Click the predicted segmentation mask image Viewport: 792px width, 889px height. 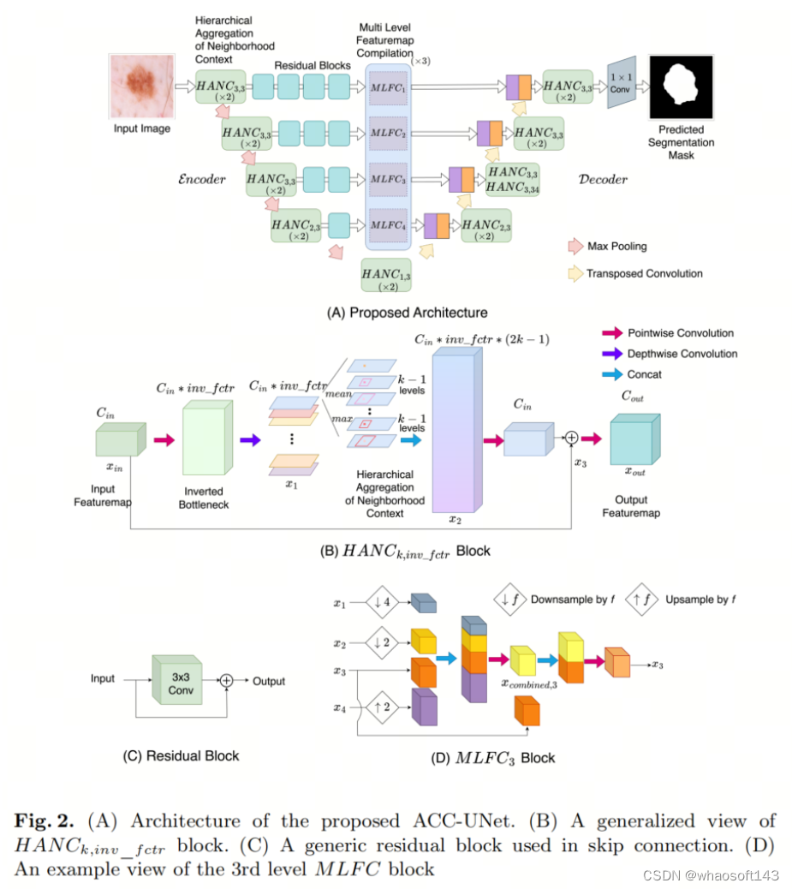(681, 87)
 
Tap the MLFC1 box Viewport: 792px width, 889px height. (390, 88)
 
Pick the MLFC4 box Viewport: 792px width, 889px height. (390, 227)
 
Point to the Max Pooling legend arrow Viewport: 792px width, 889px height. (575, 247)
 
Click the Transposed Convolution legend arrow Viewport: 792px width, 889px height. (575, 274)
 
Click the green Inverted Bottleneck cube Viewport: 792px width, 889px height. (206, 440)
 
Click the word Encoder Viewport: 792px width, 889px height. (200, 179)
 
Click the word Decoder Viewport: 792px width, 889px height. (603, 179)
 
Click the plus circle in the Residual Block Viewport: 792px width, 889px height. (227, 680)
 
